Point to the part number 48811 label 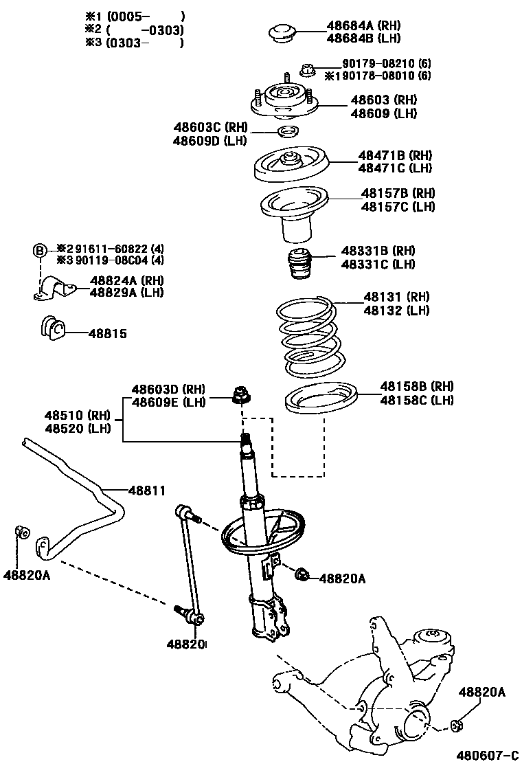pos(146,490)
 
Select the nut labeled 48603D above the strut pos(242,394)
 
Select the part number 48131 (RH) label pos(396,297)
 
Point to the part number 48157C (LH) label pos(398,206)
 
